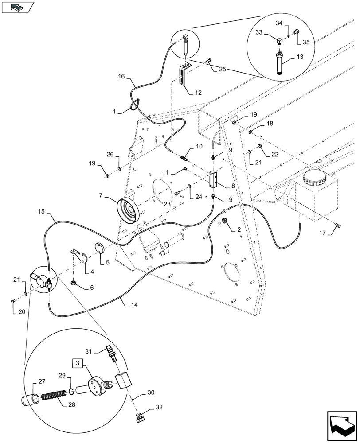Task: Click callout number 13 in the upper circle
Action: tap(300, 57)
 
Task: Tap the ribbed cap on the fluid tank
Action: tap(315, 180)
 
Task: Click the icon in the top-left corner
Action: tap(18, 8)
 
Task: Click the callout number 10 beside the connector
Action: tap(198, 147)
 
